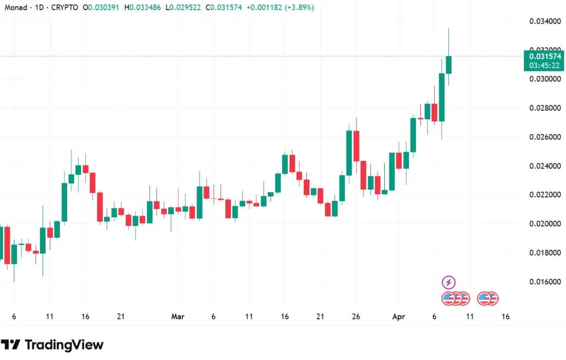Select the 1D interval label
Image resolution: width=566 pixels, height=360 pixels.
[x=39, y=8]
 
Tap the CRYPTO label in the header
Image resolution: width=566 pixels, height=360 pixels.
[x=65, y=8]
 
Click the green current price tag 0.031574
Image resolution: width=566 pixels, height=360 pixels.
[x=544, y=56]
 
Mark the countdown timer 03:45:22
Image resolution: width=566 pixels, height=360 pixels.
[x=544, y=65]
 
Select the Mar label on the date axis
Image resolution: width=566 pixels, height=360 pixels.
[x=178, y=317]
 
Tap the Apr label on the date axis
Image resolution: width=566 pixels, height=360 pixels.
[x=399, y=317]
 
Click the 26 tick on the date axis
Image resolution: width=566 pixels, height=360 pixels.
[x=356, y=317]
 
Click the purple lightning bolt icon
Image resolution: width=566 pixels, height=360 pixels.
[x=448, y=282]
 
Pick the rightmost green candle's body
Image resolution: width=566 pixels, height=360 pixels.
[x=448, y=65]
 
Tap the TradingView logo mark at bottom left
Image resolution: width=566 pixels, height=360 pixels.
[x=10, y=345]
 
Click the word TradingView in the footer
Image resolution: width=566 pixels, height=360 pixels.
[x=64, y=345]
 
